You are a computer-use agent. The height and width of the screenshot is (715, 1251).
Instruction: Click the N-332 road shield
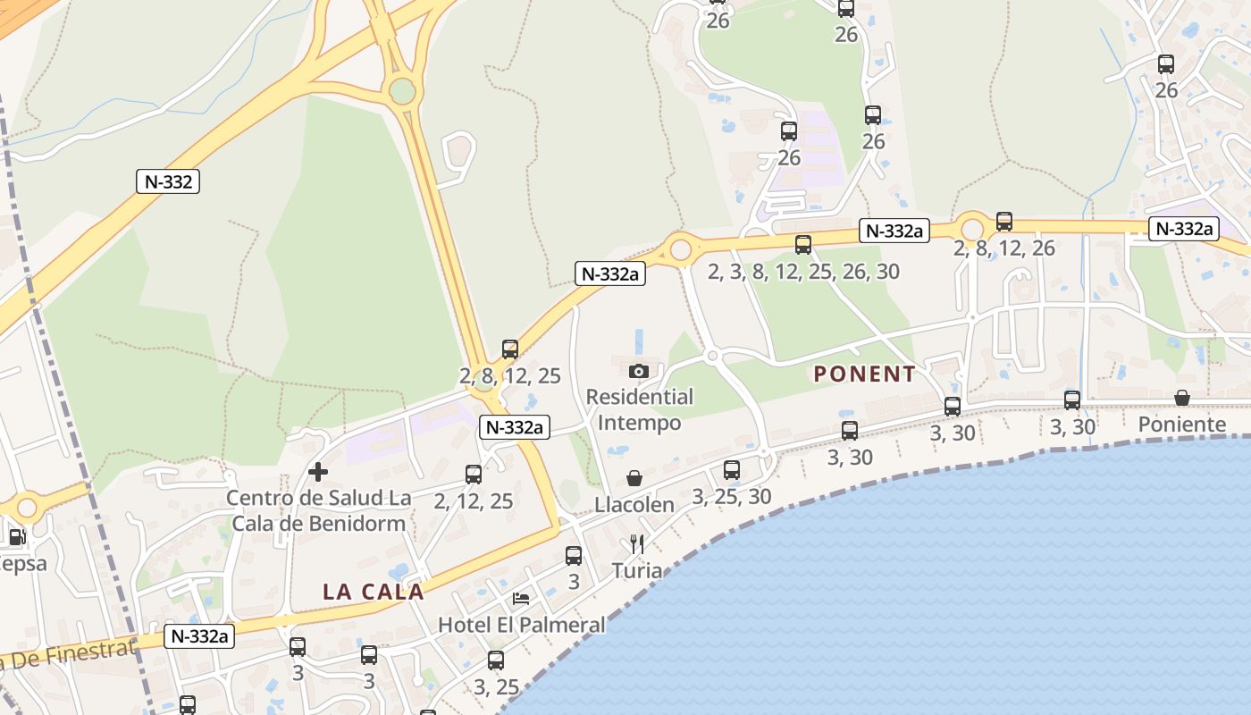(168, 181)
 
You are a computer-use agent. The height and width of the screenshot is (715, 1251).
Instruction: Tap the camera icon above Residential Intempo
(638, 371)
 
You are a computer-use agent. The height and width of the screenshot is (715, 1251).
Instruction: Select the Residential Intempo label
(639, 409)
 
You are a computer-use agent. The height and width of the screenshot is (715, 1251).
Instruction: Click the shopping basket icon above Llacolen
(634, 478)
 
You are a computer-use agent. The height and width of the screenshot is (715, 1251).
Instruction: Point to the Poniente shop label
(1181, 425)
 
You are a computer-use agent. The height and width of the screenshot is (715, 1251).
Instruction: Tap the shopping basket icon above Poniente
(1181, 398)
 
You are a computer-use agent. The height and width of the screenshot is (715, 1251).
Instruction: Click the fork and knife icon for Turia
(637, 543)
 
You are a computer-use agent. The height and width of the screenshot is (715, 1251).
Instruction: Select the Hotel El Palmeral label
(521, 625)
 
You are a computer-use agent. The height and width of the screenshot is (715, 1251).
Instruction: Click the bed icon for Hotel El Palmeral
(521, 598)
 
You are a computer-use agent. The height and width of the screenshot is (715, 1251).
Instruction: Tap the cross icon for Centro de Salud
(317, 471)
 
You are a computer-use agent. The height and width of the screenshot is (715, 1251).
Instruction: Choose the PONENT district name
(864, 374)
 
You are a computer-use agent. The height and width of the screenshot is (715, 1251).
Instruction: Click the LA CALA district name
(373, 592)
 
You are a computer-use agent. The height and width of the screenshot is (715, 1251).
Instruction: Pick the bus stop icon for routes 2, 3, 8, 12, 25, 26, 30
(803, 244)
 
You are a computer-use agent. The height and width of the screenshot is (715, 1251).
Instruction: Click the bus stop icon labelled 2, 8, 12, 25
(510, 349)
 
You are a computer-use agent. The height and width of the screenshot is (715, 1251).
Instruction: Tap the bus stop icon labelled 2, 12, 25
(474, 475)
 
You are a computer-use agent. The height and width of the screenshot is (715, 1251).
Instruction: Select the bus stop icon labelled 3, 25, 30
(732, 469)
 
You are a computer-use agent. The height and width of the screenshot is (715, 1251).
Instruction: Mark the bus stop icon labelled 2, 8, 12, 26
(1004, 221)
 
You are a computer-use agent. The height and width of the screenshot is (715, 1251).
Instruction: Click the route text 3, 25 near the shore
(496, 687)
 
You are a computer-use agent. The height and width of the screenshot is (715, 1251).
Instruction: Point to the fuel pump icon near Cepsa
(16, 537)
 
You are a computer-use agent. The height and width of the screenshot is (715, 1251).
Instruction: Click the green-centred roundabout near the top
(403, 91)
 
